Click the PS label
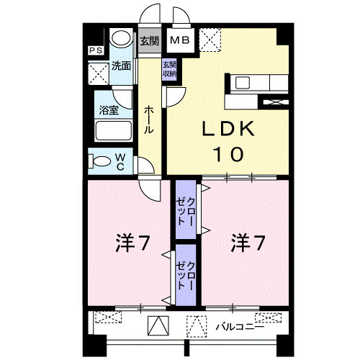94,50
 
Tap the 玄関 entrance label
148,40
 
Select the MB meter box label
180,40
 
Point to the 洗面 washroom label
122,66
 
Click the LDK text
227,130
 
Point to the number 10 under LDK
228,154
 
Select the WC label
121,162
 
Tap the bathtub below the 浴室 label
113,132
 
